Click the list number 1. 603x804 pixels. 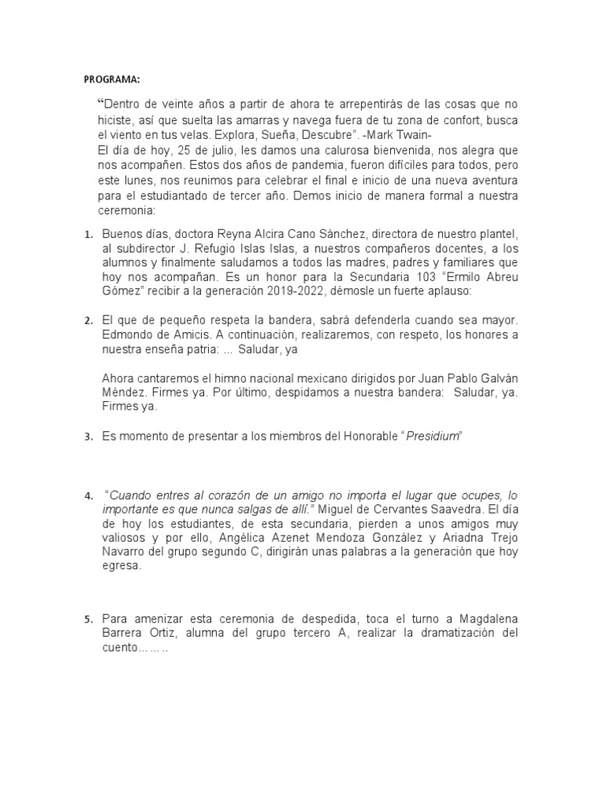(x=87, y=235)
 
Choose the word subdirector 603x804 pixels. (x=144, y=249)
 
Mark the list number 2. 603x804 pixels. (x=87, y=320)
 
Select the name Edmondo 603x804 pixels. (x=127, y=335)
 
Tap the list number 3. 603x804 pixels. (x=87, y=437)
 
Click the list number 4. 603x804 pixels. (x=87, y=496)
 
